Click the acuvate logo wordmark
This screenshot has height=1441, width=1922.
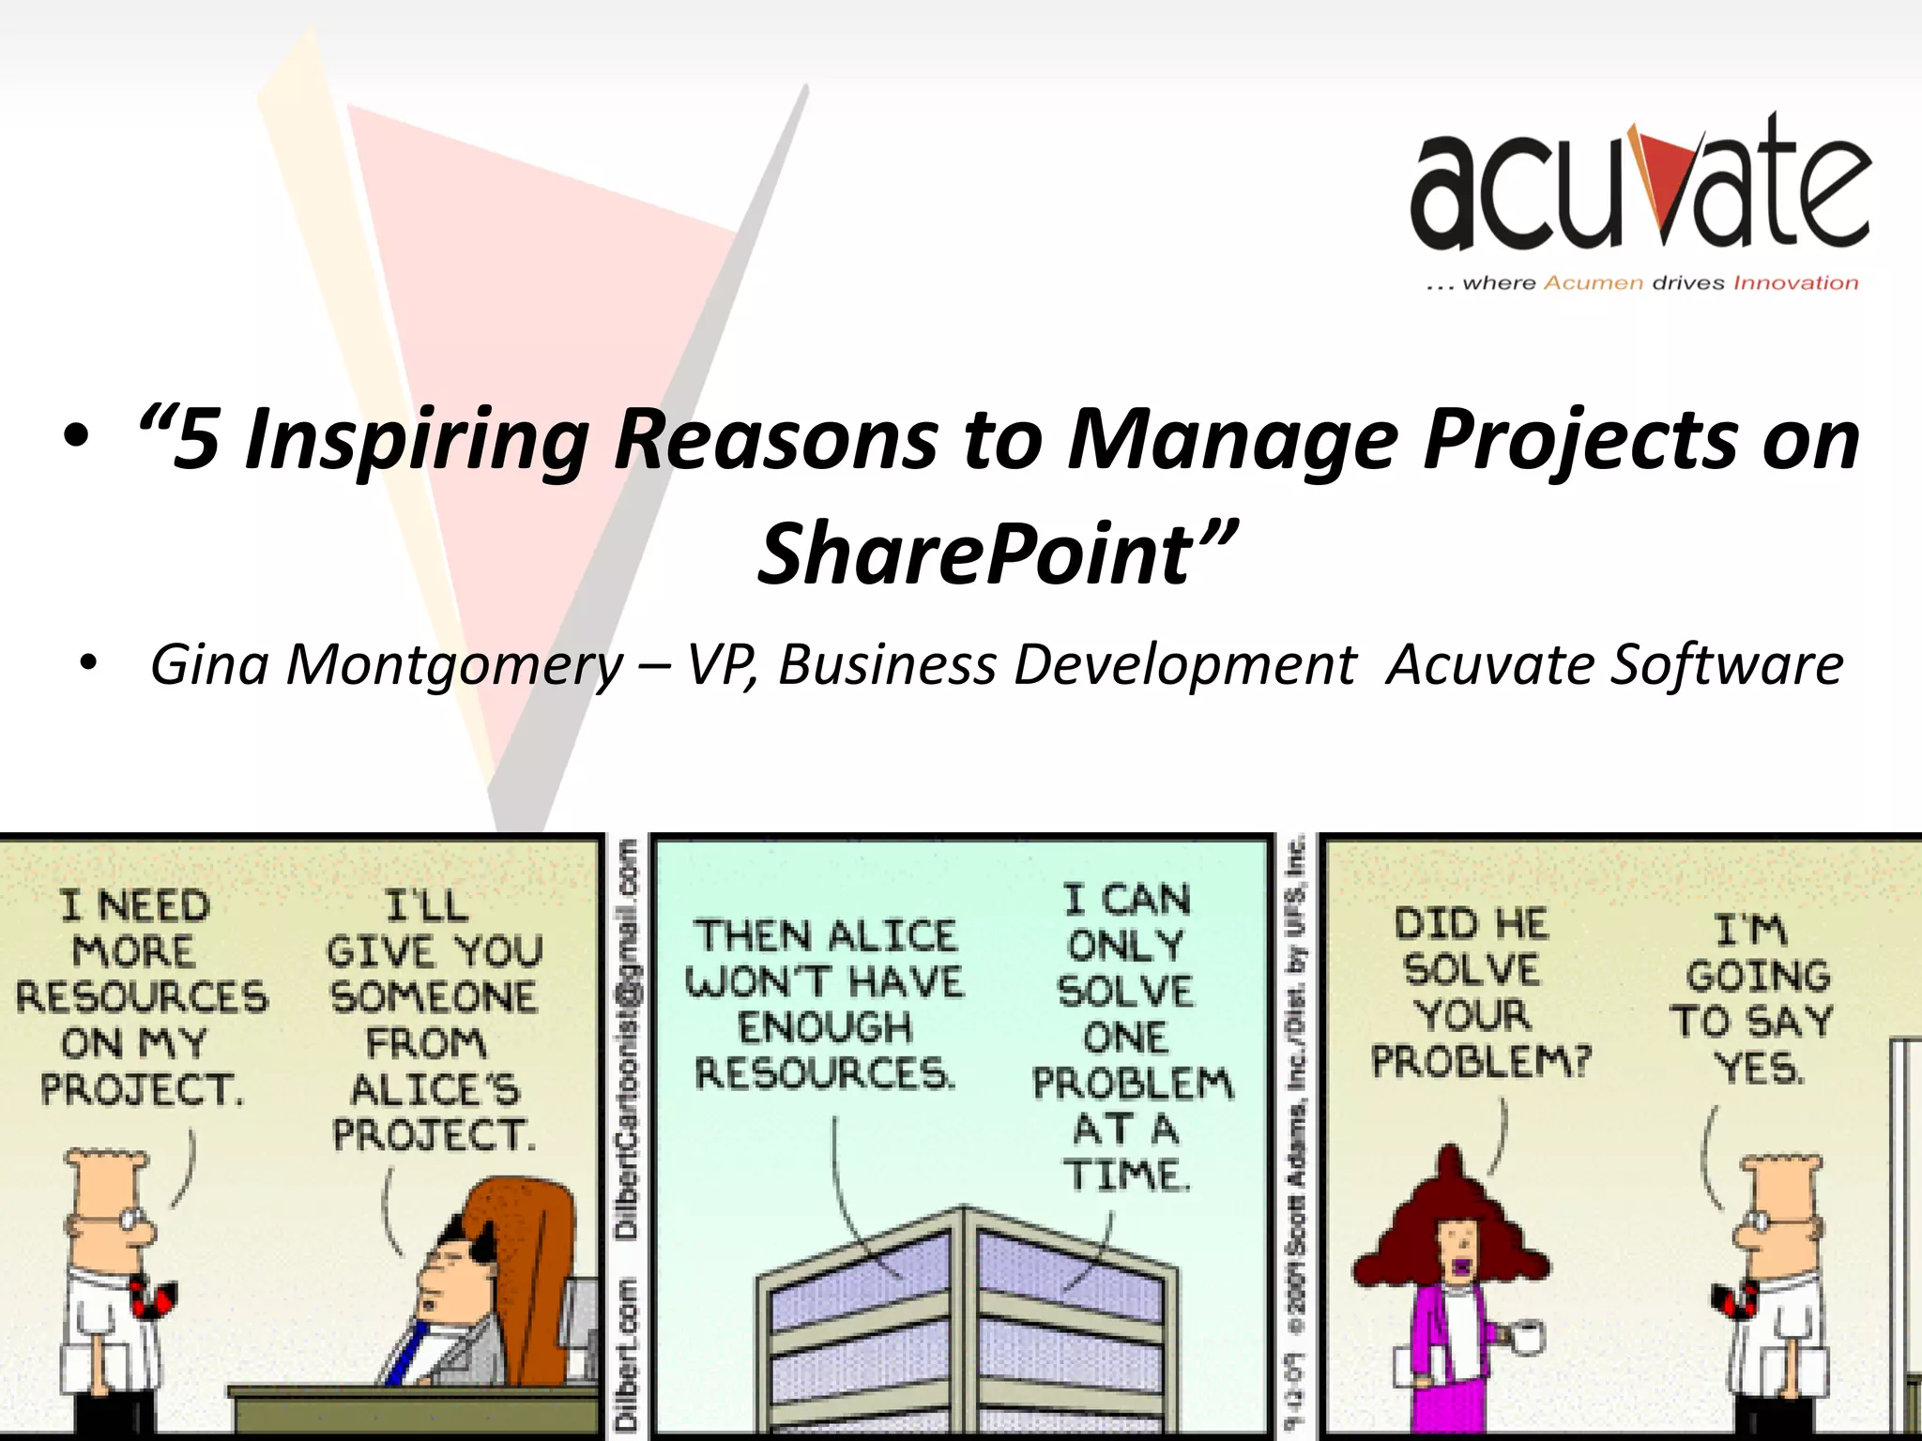tap(1640, 188)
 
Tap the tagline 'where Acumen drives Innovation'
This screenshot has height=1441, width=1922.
tap(1641, 283)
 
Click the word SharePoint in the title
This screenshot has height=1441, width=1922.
tap(976, 554)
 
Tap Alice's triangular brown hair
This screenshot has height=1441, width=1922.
tap(1450, 1220)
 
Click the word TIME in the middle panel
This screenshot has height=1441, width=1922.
tap(1126, 1175)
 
